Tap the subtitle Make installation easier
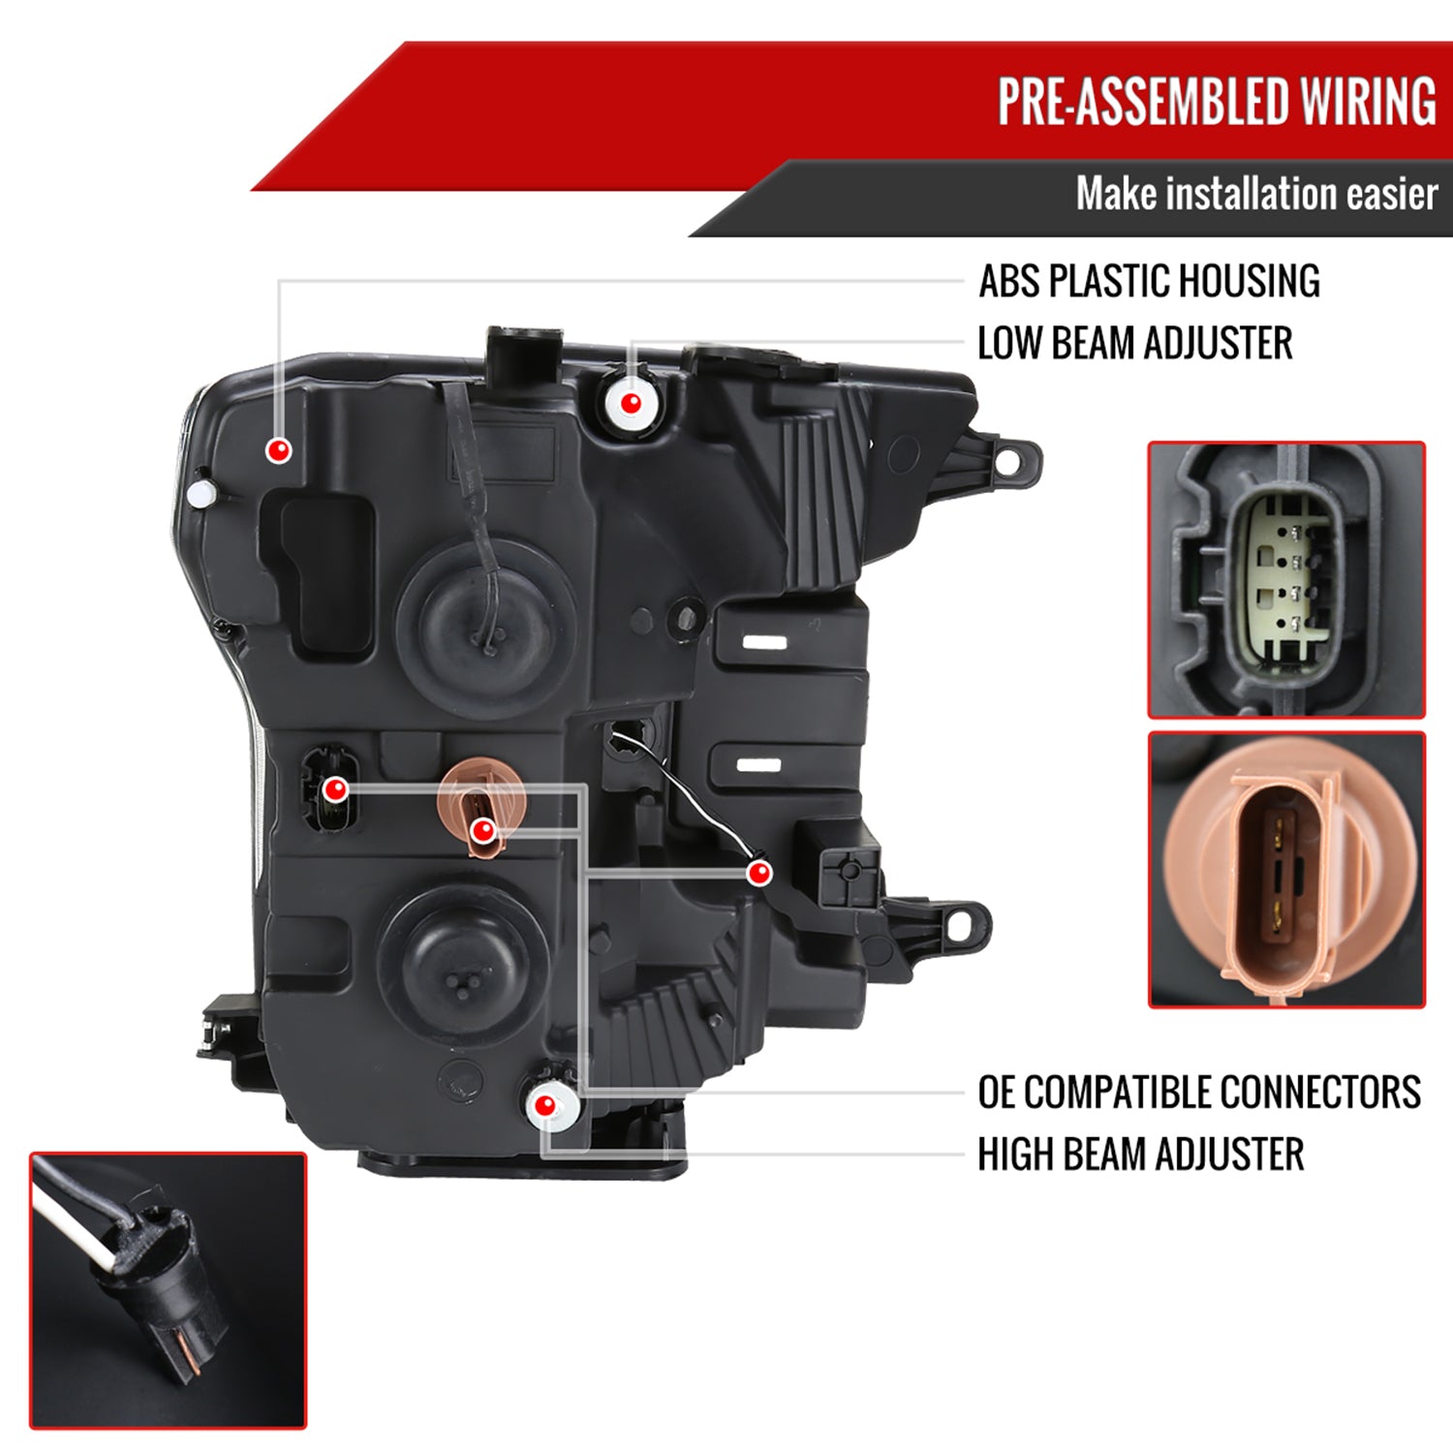click(x=1256, y=194)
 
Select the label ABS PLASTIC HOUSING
click(x=1149, y=282)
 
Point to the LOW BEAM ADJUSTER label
click(x=1134, y=344)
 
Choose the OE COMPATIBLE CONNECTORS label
click(x=1198, y=1093)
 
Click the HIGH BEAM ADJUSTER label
click(x=1140, y=1155)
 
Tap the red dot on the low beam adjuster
click(x=630, y=402)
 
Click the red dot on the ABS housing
click(x=279, y=449)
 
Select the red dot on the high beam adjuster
click(x=545, y=1105)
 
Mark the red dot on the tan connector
click(x=482, y=830)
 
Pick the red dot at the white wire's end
click(x=760, y=873)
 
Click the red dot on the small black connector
click(x=335, y=789)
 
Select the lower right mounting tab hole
click(x=960, y=925)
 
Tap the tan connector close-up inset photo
click(x=1285, y=869)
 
